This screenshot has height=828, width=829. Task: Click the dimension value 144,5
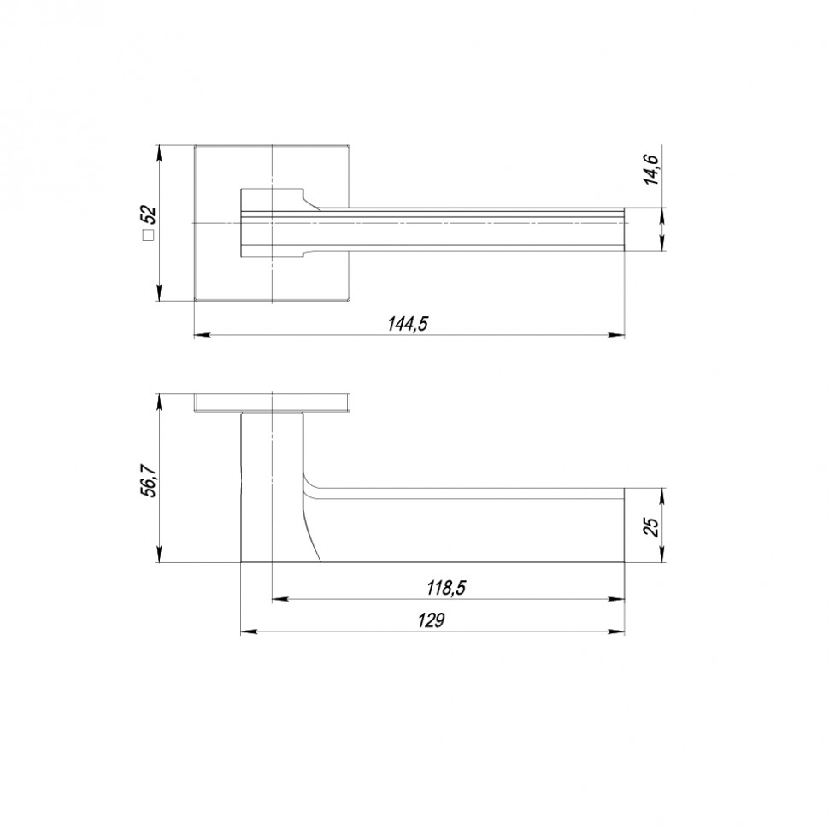point(407,324)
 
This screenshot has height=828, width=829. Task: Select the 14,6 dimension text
point(651,169)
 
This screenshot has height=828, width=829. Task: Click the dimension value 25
point(652,526)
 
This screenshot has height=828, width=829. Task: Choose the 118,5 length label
point(446,587)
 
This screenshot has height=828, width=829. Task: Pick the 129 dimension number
point(432,620)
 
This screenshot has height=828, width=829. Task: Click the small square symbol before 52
point(149,235)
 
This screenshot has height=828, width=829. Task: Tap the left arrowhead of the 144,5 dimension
point(203,335)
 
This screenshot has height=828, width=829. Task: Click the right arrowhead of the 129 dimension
point(616,631)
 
